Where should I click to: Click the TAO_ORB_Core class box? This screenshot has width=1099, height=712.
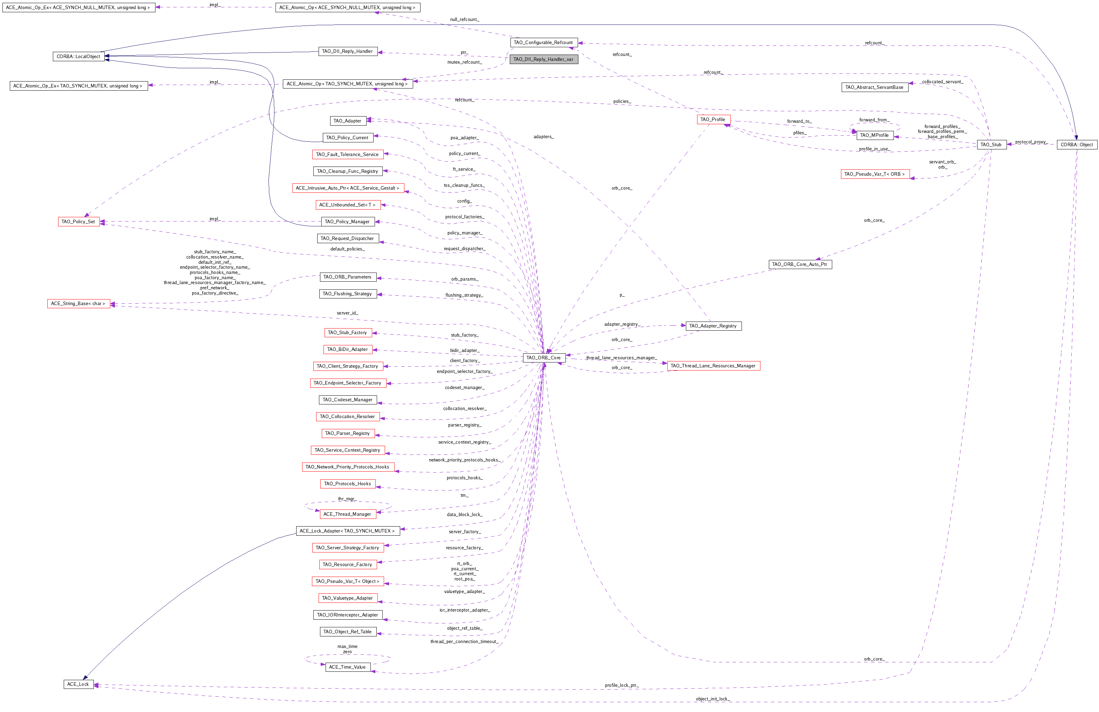[543, 358]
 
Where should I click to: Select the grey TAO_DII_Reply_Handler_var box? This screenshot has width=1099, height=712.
[543, 59]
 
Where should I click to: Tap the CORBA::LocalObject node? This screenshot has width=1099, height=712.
[78, 56]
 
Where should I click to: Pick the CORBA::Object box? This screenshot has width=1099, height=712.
[1076, 144]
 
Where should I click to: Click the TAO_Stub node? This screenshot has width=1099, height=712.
[991, 144]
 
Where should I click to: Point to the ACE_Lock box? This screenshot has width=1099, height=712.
[78, 684]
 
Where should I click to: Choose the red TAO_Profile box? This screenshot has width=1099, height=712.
[713, 120]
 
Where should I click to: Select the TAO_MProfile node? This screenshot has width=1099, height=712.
[874, 135]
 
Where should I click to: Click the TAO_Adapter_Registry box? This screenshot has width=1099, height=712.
[713, 326]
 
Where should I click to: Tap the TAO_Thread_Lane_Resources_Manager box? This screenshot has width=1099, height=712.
[713, 366]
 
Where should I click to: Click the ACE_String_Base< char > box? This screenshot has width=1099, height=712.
[78, 304]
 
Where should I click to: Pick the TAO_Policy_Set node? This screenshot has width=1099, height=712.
[78, 221]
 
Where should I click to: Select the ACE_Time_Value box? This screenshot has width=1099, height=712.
[347, 667]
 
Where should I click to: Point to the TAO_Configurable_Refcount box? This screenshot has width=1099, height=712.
[543, 42]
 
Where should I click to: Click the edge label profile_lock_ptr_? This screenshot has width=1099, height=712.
[621, 685]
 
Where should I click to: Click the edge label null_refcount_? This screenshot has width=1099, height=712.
[465, 19]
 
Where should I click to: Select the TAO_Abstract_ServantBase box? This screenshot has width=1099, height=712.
[874, 87]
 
